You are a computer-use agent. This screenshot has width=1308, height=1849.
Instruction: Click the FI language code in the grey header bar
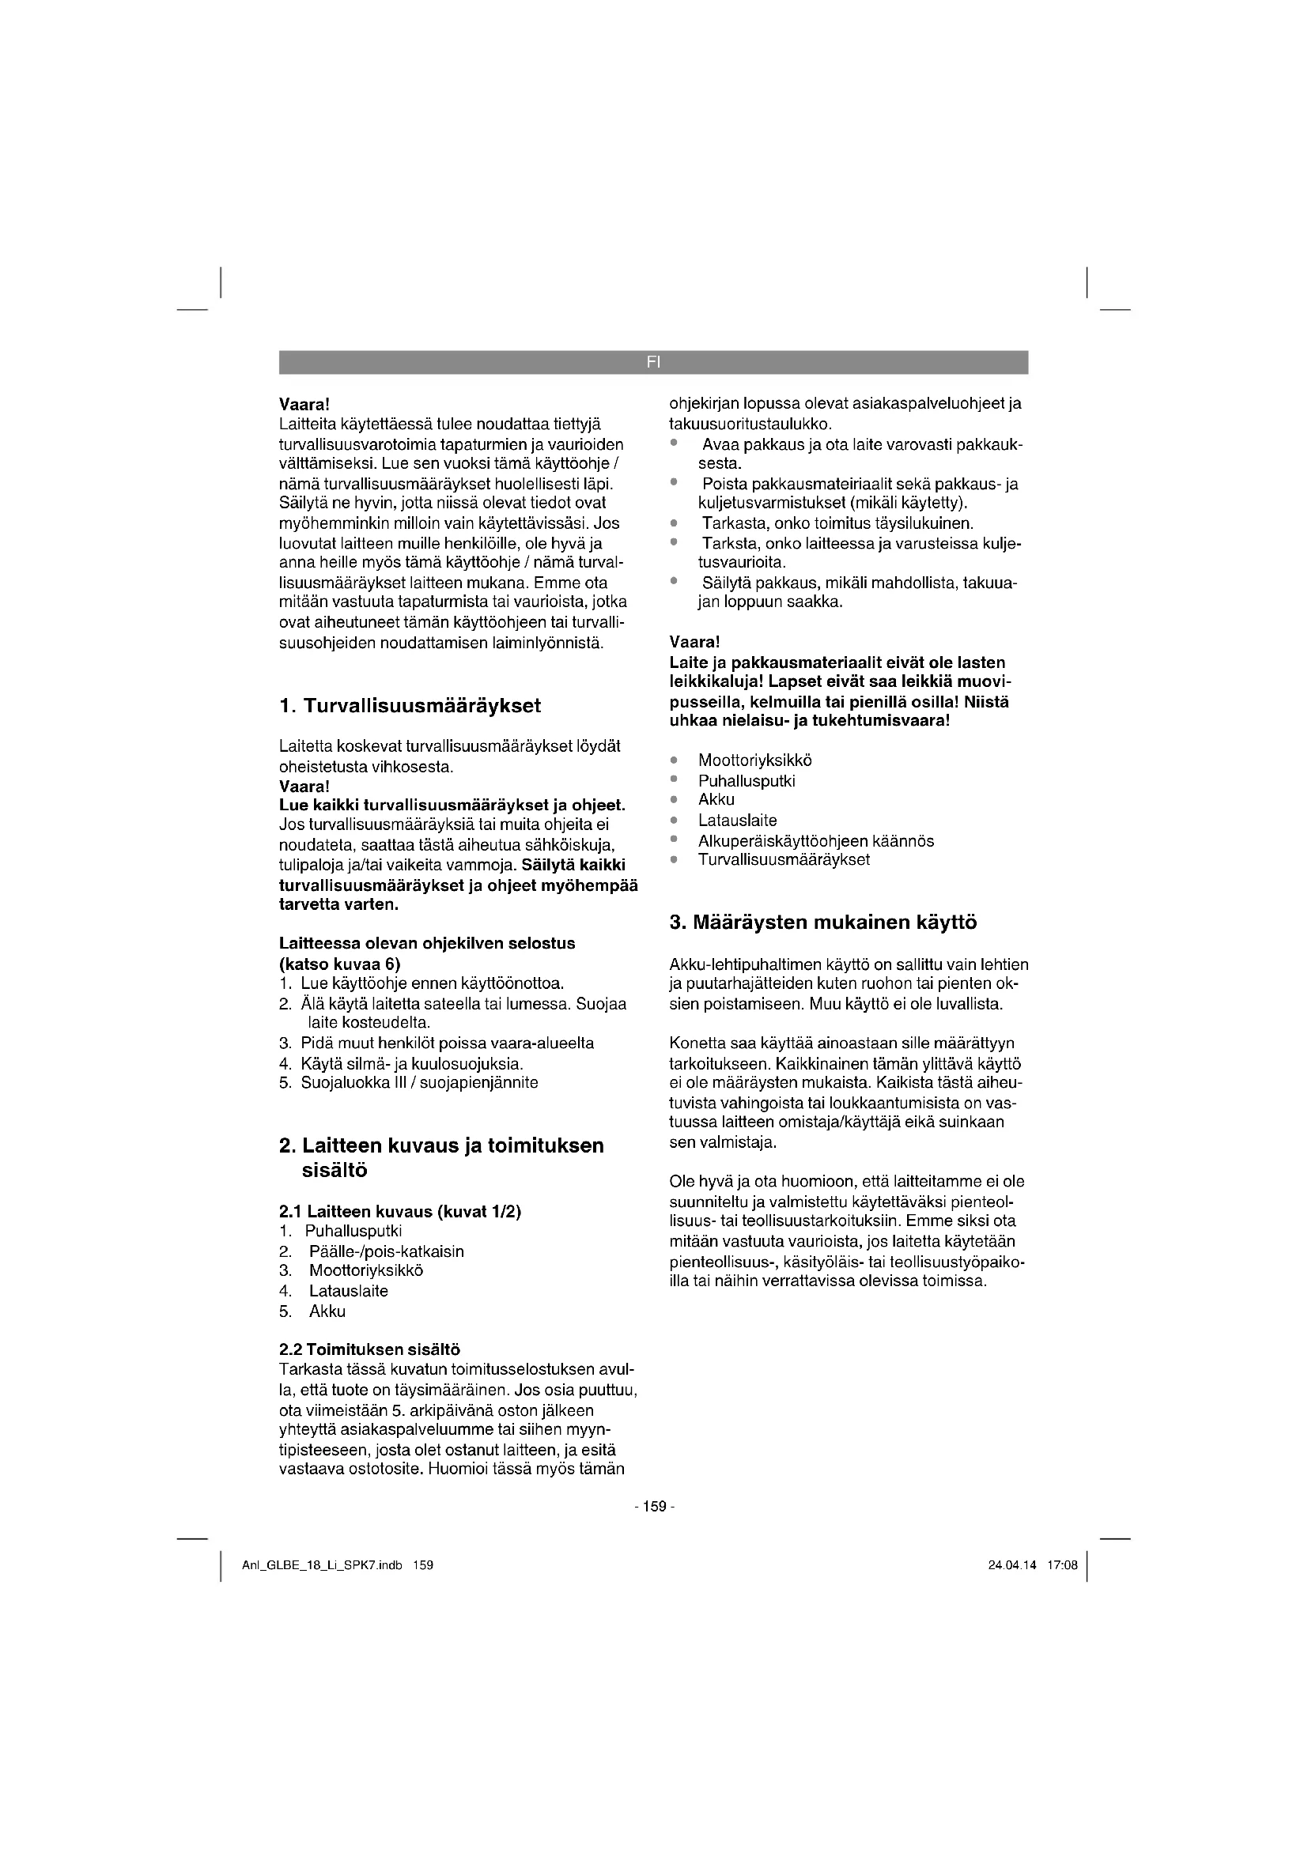[x=652, y=362]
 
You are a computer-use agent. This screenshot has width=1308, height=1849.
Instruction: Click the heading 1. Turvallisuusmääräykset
[x=410, y=706]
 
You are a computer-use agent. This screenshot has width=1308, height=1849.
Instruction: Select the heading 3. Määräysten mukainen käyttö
[x=823, y=922]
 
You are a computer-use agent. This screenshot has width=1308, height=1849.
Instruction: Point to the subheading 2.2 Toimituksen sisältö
[x=369, y=1349]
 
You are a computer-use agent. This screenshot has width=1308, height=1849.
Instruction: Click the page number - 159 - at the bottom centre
[x=654, y=1507]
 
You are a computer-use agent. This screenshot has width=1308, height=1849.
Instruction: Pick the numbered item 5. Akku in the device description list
[x=327, y=1311]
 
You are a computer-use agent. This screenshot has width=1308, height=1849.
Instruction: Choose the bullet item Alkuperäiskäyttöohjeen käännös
[x=816, y=841]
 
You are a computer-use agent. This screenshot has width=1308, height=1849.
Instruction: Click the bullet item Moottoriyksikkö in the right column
[x=754, y=760]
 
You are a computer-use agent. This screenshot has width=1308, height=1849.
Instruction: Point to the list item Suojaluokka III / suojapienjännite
[x=419, y=1082]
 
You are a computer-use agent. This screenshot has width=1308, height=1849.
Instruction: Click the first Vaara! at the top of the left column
[x=305, y=403]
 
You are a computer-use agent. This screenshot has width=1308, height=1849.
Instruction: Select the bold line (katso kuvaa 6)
[x=340, y=964]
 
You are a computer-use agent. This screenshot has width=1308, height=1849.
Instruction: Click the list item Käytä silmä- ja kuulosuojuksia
[x=411, y=1063]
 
